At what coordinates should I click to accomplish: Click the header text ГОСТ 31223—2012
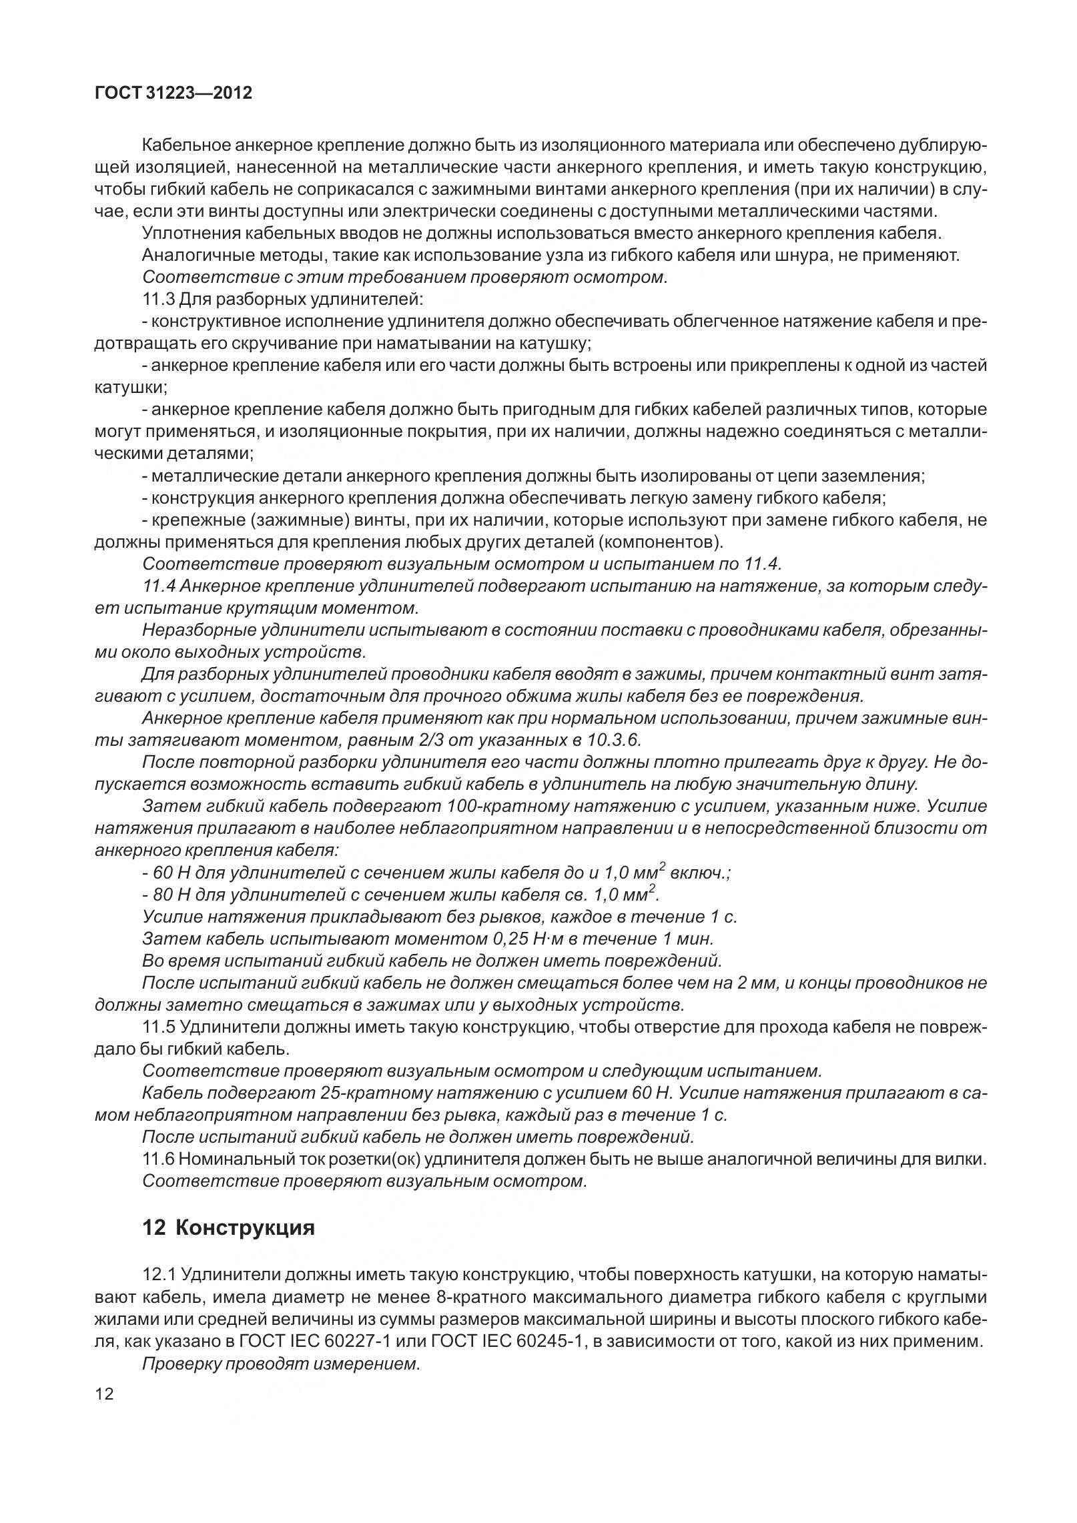pos(173,93)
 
